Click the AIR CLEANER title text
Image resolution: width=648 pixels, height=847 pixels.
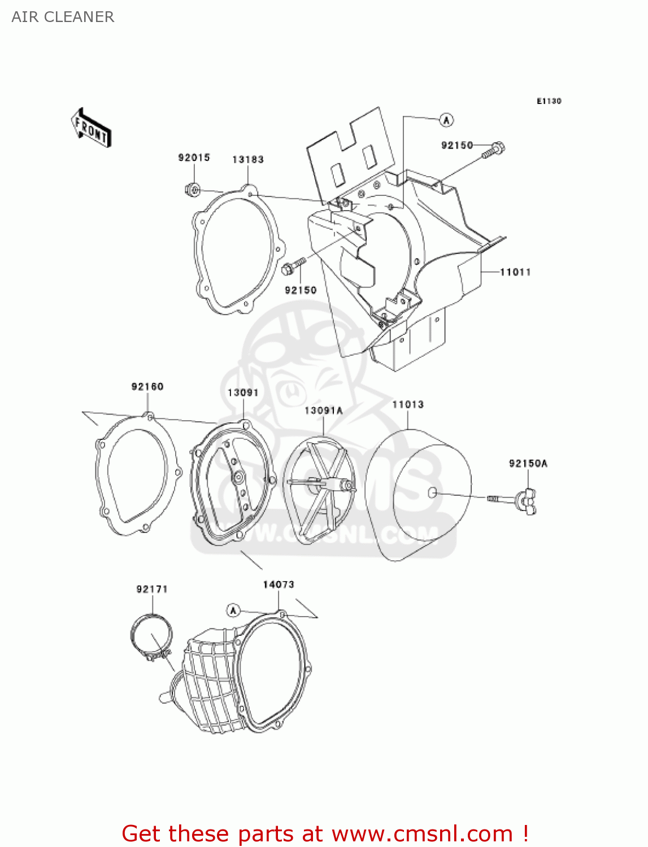point(63,17)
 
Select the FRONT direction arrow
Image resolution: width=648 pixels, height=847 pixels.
point(91,128)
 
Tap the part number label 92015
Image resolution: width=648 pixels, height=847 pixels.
point(194,158)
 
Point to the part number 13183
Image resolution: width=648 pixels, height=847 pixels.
point(248,160)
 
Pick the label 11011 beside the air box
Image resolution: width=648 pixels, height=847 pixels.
point(515,272)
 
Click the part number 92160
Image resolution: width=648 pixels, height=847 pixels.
point(147,387)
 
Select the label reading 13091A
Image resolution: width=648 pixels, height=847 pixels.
point(324,411)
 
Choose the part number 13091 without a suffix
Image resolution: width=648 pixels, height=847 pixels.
point(243,393)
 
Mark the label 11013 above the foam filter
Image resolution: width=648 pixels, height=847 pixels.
point(408,404)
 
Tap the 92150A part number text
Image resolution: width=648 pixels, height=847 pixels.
point(528,464)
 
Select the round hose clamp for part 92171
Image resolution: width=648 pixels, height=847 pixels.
point(151,636)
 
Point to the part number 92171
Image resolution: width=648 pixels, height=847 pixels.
point(152,590)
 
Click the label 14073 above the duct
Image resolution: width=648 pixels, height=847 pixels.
point(279,584)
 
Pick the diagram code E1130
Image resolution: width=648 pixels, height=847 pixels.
point(549,101)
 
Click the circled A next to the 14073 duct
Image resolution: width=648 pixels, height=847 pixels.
point(233,610)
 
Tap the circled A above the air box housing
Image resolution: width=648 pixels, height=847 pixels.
point(446,120)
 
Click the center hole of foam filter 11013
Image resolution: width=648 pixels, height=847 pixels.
point(432,493)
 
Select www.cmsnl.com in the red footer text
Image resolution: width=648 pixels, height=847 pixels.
point(421,834)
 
